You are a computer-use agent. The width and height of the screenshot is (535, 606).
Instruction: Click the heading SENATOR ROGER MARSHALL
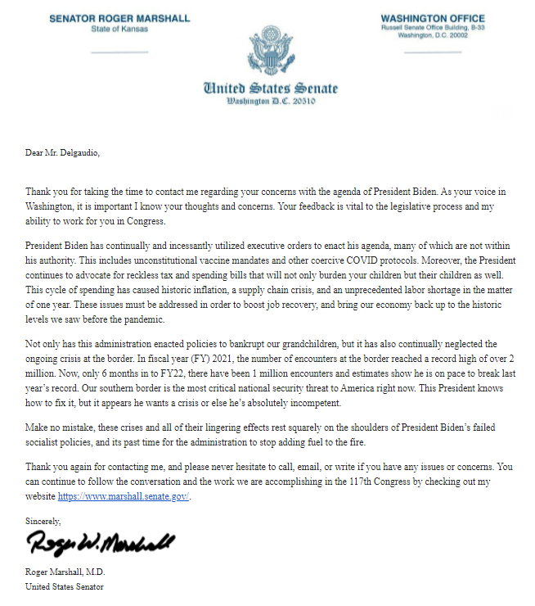[x=119, y=19]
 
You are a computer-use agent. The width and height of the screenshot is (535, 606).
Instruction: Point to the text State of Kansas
[x=119, y=30]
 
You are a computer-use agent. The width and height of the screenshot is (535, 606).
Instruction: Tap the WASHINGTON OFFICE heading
[x=432, y=19]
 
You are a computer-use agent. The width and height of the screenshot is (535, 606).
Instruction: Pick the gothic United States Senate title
[x=270, y=88]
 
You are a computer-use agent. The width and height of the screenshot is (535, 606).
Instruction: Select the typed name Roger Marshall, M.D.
[x=65, y=572]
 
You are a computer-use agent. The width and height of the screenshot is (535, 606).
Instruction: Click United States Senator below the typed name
[x=65, y=586]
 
